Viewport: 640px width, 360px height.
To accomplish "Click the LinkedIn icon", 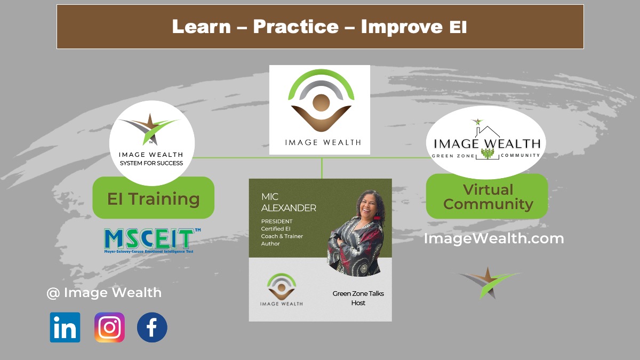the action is point(65,327).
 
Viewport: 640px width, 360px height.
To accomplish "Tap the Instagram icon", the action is point(109,327).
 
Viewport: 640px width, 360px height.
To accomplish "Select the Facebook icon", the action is point(152,327).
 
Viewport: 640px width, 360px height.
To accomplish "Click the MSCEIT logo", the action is point(153,241).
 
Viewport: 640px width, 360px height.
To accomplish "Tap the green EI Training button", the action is point(154,198).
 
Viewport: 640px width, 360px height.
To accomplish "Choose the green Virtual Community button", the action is point(487,196).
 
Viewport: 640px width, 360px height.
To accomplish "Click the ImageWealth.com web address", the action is point(494,238).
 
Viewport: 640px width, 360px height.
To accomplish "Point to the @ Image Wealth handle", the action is point(104,293).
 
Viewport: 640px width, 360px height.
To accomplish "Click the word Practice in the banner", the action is point(296,27).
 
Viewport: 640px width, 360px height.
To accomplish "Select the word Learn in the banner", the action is point(202,27).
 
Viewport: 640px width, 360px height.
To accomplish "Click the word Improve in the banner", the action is point(402,27).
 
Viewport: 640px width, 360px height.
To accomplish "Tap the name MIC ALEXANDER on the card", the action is point(289,202).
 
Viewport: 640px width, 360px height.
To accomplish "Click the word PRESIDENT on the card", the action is point(277,221).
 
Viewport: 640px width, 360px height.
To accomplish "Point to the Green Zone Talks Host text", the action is point(358,298).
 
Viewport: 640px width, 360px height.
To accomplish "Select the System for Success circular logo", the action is point(151,143).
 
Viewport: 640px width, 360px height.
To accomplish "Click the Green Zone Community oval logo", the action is point(486,142).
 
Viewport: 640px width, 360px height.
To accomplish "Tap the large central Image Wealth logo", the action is point(319,110).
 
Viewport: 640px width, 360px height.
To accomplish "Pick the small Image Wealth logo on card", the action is point(282,290).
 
